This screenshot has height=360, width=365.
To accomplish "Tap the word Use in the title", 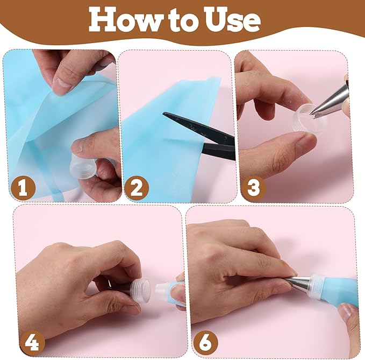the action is tap(230, 20).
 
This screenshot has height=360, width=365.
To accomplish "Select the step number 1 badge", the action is tap(23, 188).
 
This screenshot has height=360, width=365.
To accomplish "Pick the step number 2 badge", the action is tap(137, 188).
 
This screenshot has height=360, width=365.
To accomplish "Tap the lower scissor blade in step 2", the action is tap(219, 151).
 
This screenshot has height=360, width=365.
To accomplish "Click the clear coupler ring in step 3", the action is tap(310, 121).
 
